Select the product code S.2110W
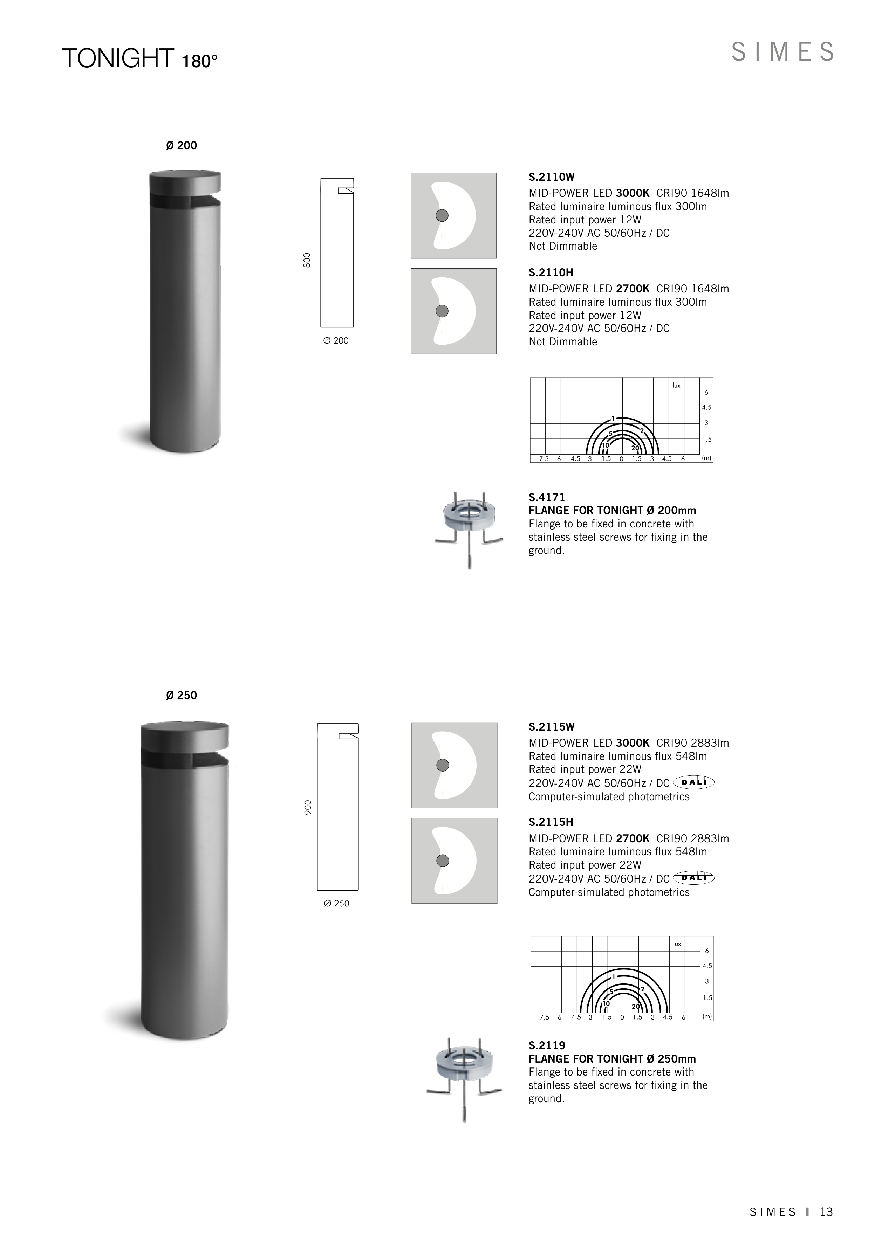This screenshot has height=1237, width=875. pyautogui.click(x=552, y=177)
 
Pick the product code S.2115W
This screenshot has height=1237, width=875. pyautogui.click(x=552, y=726)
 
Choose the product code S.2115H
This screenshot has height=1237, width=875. pyautogui.click(x=551, y=822)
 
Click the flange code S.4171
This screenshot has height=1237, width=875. pyautogui.click(x=547, y=497)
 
